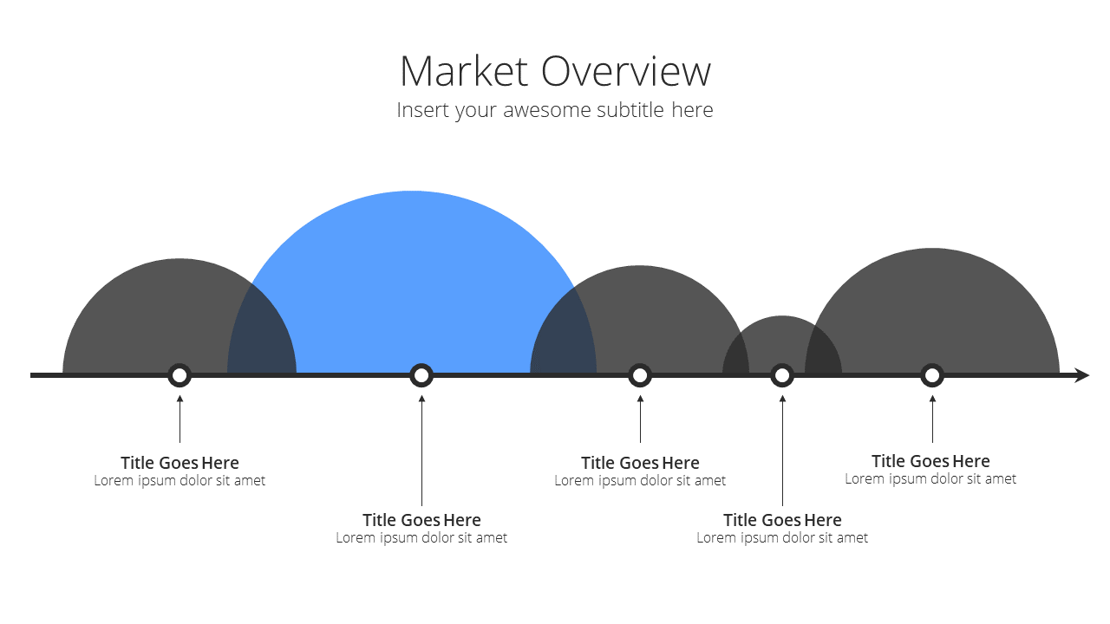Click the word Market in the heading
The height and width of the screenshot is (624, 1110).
[x=464, y=71]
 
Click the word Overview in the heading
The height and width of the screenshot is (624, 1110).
[x=626, y=71]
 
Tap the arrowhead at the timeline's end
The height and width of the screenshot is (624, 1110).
[x=1082, y=375]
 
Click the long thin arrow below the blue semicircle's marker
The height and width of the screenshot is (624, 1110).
[x=421, y=450]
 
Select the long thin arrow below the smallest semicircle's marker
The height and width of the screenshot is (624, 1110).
[x=782, y=450]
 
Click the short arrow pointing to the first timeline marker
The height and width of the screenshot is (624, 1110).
[x=180, y=419]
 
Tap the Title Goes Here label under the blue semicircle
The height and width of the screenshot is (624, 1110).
[x=421, y=520]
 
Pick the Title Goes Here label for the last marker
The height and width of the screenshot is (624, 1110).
[x=930, y=461]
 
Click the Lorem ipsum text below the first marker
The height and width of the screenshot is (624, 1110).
[x=180, y=480]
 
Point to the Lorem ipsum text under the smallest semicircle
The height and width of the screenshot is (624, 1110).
[x=782, y=537]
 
